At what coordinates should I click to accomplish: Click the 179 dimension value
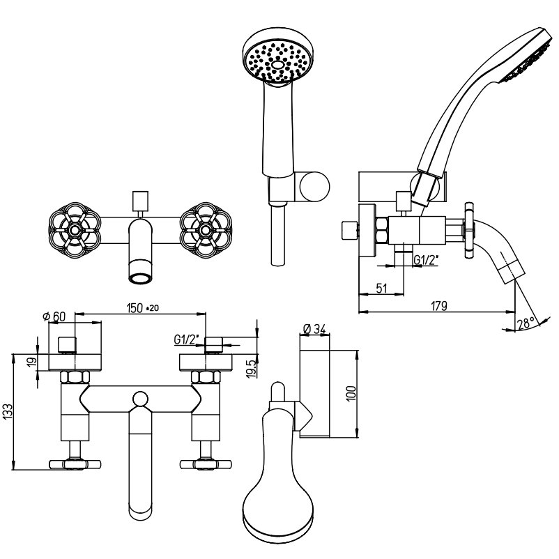(x=439, y=305)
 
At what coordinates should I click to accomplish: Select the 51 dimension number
(x=381, y=288)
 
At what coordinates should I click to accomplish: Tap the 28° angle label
(x=526, y=323)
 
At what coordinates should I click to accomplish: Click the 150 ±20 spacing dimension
(x=142, y=307)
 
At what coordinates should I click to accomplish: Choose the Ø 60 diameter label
(x=54, y=316)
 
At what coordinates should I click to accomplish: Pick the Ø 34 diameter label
(x=314, y=329)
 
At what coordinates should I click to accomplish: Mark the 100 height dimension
(x=351, y=393)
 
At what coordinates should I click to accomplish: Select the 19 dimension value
(x=33, y=362)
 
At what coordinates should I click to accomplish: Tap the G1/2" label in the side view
(x=425, y=260)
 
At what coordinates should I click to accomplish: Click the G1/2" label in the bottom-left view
(x=185, y=339)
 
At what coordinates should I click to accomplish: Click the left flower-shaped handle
(x=75, y=230)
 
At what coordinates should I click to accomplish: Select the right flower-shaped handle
(x=206, y=230)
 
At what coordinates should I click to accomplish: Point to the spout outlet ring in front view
(x=141, y=278)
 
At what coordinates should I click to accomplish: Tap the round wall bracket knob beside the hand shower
(x=314, y=187)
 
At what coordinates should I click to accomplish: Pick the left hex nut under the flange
(x=75, y=377)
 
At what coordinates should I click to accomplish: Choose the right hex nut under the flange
(x=206, y=377)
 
